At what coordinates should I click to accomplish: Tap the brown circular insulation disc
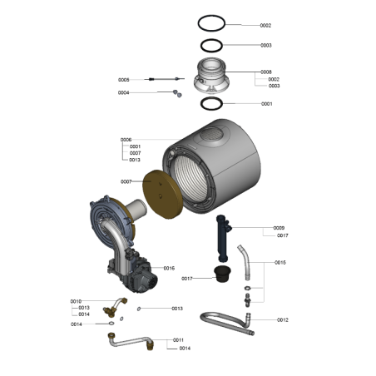click(x=162, y=194)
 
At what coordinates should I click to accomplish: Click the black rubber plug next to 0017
click(x=222, y=274)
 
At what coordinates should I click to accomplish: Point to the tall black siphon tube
click(x=222, y=239)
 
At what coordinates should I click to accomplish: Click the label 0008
click(x=266, y=72)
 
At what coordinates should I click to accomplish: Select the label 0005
click(x=124, y=80)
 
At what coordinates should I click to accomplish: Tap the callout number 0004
click(x=123, y=92)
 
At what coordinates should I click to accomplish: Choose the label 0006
click(x=126, y=140)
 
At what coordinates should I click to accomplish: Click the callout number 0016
click(x=169, y=268)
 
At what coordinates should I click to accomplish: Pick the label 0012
click(x=283, y=319)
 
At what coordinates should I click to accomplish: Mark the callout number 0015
click(x=280, y=262)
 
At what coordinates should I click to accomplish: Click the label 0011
click(x=178, y=340)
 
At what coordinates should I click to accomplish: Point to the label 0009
click(x=279, y=228)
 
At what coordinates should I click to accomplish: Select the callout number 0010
click(x=76, y=301)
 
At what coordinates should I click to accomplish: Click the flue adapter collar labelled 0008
click(x=211, y=76)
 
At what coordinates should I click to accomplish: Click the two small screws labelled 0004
click(x=177, y=93)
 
